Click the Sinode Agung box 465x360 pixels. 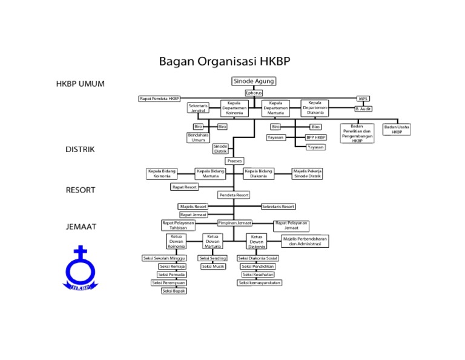pos(254,81)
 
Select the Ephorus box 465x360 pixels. pos(254,93)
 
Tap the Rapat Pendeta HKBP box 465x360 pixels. pos(160,98)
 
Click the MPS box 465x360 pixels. pos(363,98)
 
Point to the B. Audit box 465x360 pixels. pos(363,109)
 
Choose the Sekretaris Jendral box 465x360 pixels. pos(198,108)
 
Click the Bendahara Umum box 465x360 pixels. pos(198,138)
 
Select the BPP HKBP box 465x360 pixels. pos(315,138)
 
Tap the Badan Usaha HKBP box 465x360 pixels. pos(397,129)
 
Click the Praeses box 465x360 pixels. pos(234,161)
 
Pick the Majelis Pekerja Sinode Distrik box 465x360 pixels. pos(308,174)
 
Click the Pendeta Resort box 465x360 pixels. pos(234,195)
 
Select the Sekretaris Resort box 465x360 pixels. pos(279,207)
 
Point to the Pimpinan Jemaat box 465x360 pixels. pos(234,223)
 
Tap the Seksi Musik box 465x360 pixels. pos(213,267)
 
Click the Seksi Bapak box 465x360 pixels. pos(174,291)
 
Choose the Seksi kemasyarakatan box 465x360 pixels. pos(260,282)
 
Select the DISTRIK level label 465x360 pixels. pos(80,150)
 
